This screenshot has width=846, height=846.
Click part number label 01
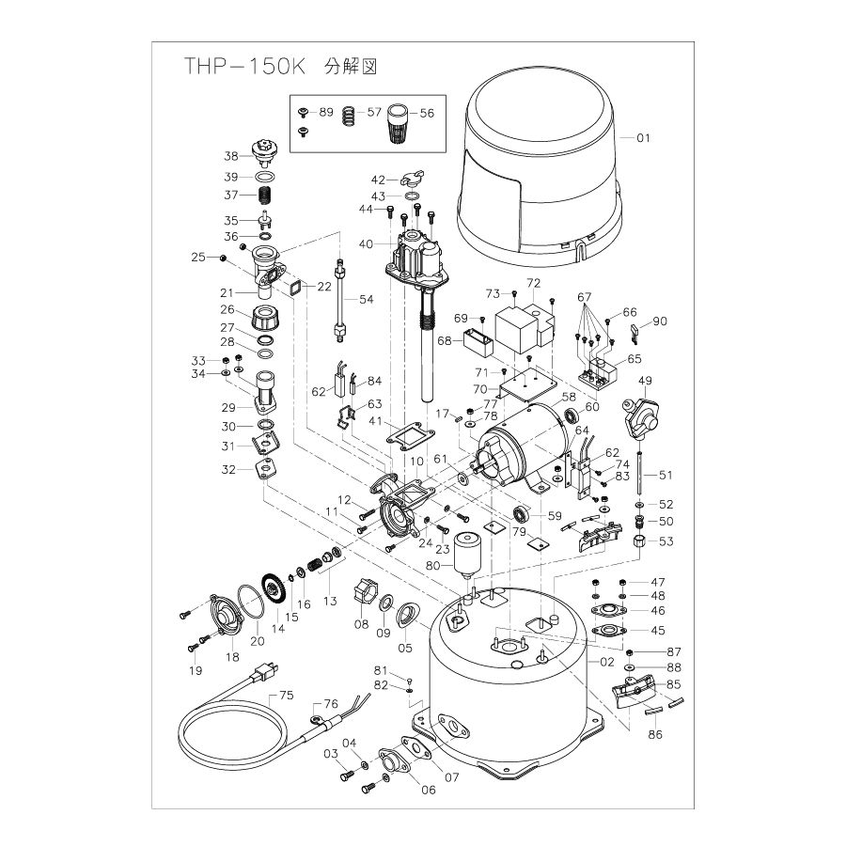643,138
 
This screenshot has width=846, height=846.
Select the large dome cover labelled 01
540,169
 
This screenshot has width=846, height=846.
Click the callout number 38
230,156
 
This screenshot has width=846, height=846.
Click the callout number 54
367,298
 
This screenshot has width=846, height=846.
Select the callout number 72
533,282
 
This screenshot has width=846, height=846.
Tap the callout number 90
659,321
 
